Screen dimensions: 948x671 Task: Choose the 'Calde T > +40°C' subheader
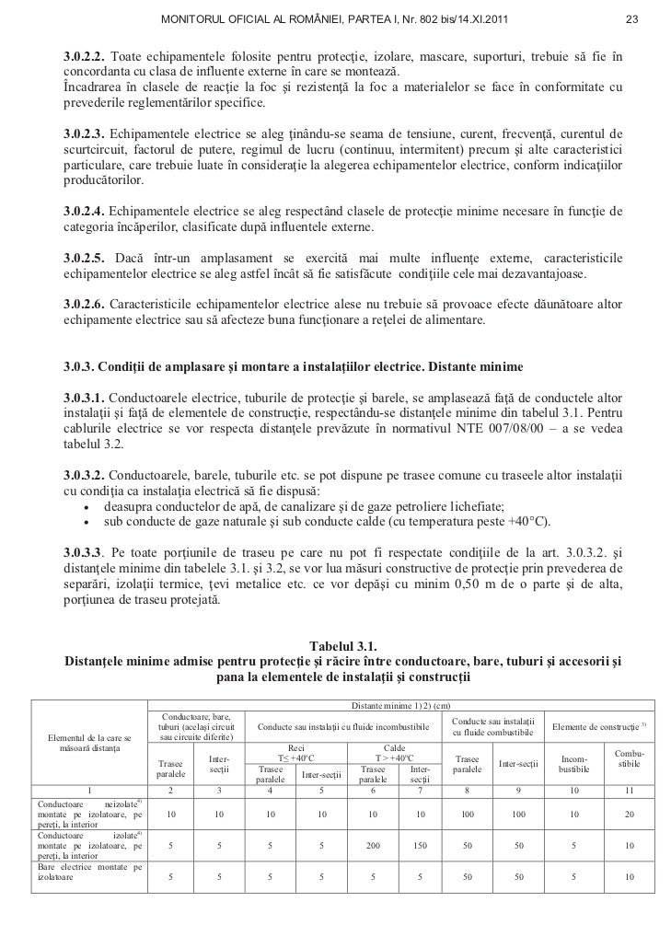[x=391, y=752]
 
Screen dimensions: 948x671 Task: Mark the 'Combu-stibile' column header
[x=630, y=758]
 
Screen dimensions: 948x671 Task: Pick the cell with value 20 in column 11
[x=630, y=814]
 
